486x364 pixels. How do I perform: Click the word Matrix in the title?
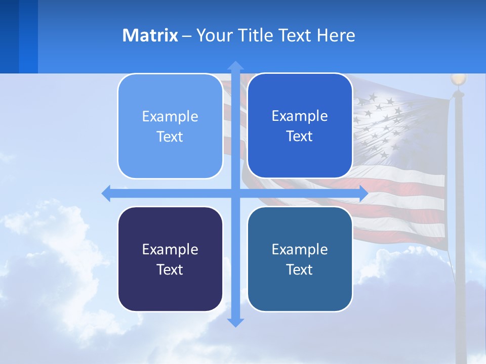pyautogui.click(x=150, y=35)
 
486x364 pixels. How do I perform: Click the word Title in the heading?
pyautogui.click(x=259, y=35)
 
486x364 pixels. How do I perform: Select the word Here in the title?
pyautogui.click(x=336, y=35)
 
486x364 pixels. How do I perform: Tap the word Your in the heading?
pyautogui.click(x=214, y=35)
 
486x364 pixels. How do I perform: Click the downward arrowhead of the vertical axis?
pyautogui.click(x=235, y=322)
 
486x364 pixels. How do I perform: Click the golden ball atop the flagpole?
pyautogui.click(x=458, y=79)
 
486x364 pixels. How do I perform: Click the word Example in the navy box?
pyautogui.click(x=170, y=249)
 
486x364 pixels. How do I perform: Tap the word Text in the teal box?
pyautogui.click(x=300, y=269)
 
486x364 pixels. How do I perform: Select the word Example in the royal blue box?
pyautogui.click(x=300, y=116)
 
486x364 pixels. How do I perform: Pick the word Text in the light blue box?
pyautogui.click(x=170, y=136)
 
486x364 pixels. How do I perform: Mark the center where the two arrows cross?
pyautogui.click(x=235, y=194)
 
